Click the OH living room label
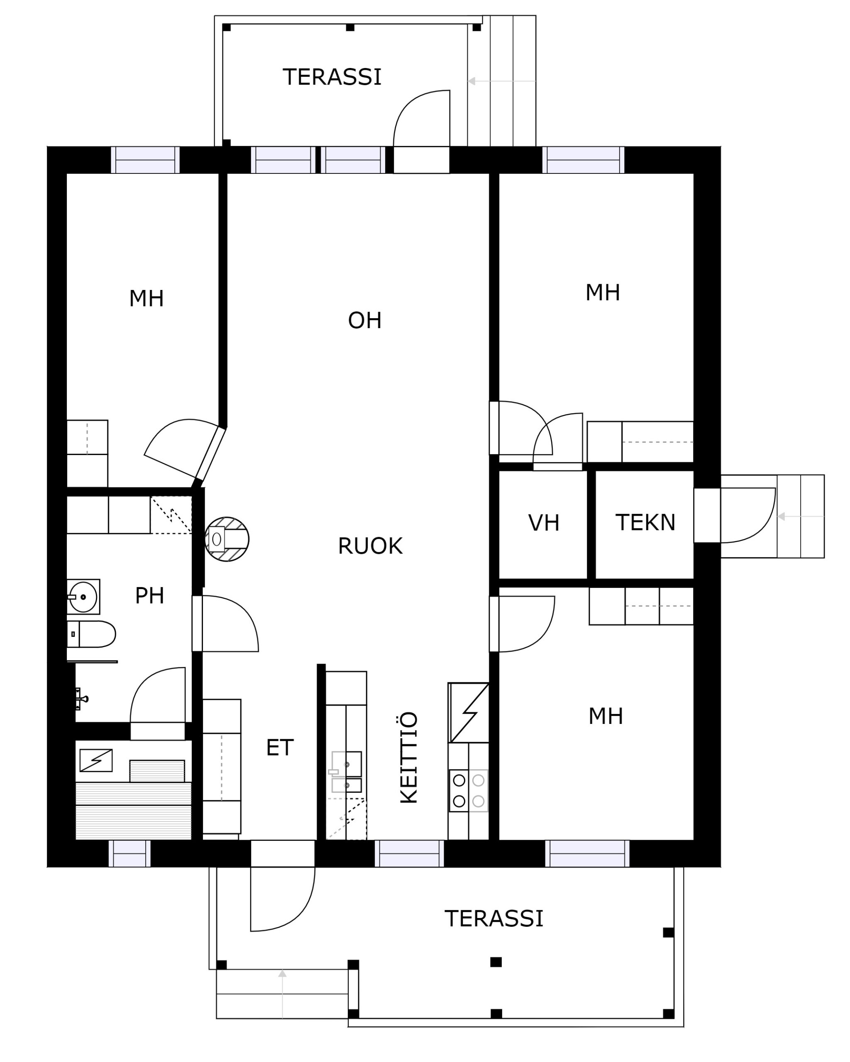tap(365, 321)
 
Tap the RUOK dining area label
tap(370, 546)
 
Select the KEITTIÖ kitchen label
tap(409, 758)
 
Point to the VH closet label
tap(544, 523)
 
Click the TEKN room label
tap(645, 523)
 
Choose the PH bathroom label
tap(149, 596)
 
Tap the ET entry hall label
tap(280, 748)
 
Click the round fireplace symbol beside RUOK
tap(227, 539)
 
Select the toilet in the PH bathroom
tap(91, 634)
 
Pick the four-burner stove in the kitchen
tap(468, 791)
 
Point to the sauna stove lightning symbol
tap(96, 760)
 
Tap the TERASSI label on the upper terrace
tap(332, 77)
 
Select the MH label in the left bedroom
tap(147, 299)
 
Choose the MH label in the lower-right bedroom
tap(606, 717)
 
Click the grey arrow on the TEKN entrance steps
tap(800, 516)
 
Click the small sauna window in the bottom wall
tap(129, 854)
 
